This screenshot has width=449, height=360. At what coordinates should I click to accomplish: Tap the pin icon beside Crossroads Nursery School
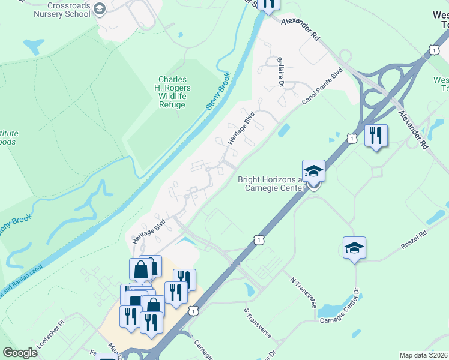pyautogui.click(x=100, y=8)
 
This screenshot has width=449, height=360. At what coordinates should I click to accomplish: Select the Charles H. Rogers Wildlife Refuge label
pyautogui.click(x=172, y=92)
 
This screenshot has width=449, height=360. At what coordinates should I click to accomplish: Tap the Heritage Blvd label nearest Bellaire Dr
pyautogui.click(x=241, y=127)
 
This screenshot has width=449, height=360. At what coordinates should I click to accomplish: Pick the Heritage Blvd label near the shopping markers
pyautogui.click(x=149, y=231)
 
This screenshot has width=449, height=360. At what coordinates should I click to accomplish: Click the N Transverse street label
pyautogui.click(x=303, y=292)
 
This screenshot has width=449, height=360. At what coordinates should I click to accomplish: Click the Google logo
pyautogui.click(x=20, y=353)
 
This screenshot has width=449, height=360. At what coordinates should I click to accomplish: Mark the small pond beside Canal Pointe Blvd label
pyautogui.click(x=283, y=130)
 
